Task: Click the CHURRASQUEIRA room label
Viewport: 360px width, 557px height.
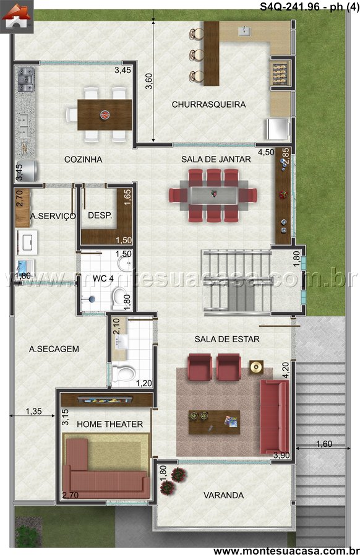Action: click(x=208, y=105)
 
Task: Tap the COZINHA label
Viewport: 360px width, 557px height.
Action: click(x=83, y=160)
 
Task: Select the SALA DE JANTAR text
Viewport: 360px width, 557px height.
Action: click(x=216, y=160)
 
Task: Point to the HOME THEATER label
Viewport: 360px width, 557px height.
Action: click(x=109, y=424)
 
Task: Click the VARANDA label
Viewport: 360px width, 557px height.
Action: click(x=223, y=495)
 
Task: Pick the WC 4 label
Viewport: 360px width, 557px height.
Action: click(x=103, y=278)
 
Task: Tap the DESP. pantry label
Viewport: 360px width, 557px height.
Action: click(x=100, y=215)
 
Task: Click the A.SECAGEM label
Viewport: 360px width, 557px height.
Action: click(x=54, y=349)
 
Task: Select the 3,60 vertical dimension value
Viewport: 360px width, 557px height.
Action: click(x=148, y=81)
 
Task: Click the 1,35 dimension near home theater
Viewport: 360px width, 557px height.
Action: click(x=33, y=412)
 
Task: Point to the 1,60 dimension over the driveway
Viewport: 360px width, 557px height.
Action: click(x=324, y=444)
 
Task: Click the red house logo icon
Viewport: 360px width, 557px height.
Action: click(x=15, y=17)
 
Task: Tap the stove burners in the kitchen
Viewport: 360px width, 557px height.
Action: click(x=26, y=79)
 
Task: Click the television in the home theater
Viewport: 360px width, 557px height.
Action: click(x=105, y=400)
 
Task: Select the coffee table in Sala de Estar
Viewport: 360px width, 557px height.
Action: click(x=214, y=422)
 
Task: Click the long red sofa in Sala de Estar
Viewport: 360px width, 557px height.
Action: click(x=275, y=417)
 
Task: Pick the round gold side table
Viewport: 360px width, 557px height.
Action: click(x=256, y=367)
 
